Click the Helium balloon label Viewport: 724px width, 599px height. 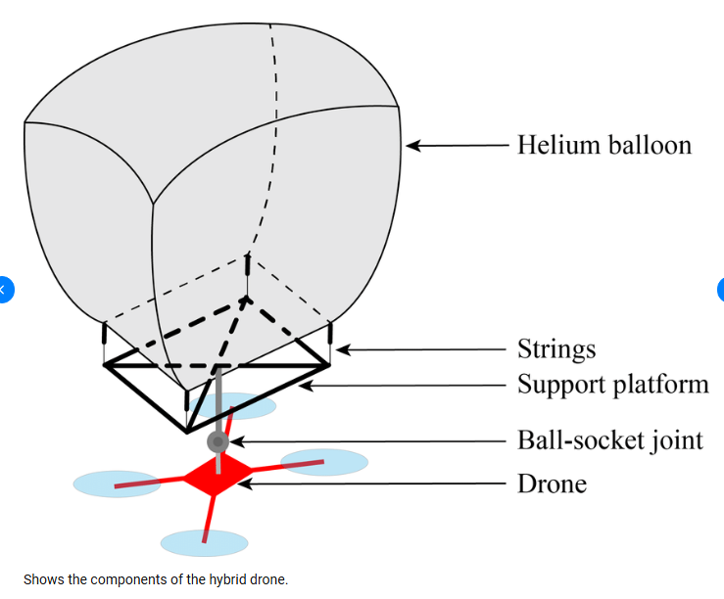coord(603,146)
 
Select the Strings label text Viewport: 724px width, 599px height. coord(555,349)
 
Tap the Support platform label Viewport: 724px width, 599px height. coord(612,384)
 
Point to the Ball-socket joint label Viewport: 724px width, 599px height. coord(609,440)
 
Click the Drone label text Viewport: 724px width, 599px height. coord(552,484)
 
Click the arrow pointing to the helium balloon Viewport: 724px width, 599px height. coord(457,146)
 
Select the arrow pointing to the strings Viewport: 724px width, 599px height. coord(421,349)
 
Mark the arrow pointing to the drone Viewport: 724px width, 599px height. coord(372,484)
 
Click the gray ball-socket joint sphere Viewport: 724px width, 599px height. coord(217,442)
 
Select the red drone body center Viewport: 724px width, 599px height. coord(214,479)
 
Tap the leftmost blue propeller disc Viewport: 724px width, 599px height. coord(117,484)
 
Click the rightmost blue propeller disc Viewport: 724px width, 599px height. coord(325,462)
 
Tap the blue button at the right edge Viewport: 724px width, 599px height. coord(720,290)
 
